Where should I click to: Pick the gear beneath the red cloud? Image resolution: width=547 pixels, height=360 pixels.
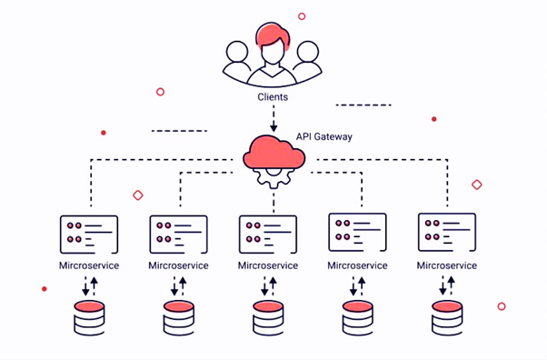(x=272, y=175)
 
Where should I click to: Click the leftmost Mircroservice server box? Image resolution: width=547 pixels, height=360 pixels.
(x=88, y=233)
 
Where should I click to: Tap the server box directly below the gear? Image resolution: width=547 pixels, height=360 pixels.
(x=267, y=233)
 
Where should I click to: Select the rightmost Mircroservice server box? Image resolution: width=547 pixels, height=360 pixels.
(x=446, y=232)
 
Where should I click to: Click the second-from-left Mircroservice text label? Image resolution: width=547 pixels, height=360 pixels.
(x=178, y=265)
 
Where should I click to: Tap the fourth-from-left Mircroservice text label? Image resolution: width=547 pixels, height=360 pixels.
(x=357, y=265)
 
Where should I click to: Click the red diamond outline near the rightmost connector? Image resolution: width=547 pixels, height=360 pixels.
(x=476, y=185)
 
